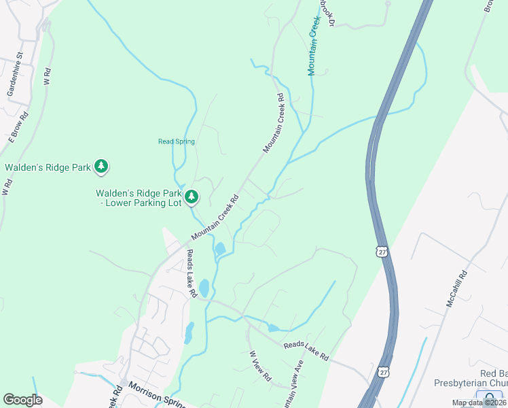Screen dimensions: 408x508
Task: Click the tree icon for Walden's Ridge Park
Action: point(101,166)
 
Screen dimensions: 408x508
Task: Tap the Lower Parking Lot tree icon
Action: point(192,197)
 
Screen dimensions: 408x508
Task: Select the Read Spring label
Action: point(177,141)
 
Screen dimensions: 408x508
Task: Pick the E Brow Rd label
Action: point(18,125)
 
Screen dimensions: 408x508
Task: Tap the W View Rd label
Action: point(260,365)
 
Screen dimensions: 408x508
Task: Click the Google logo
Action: point(23,400)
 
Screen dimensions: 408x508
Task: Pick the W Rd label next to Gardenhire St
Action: point(47,75)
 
